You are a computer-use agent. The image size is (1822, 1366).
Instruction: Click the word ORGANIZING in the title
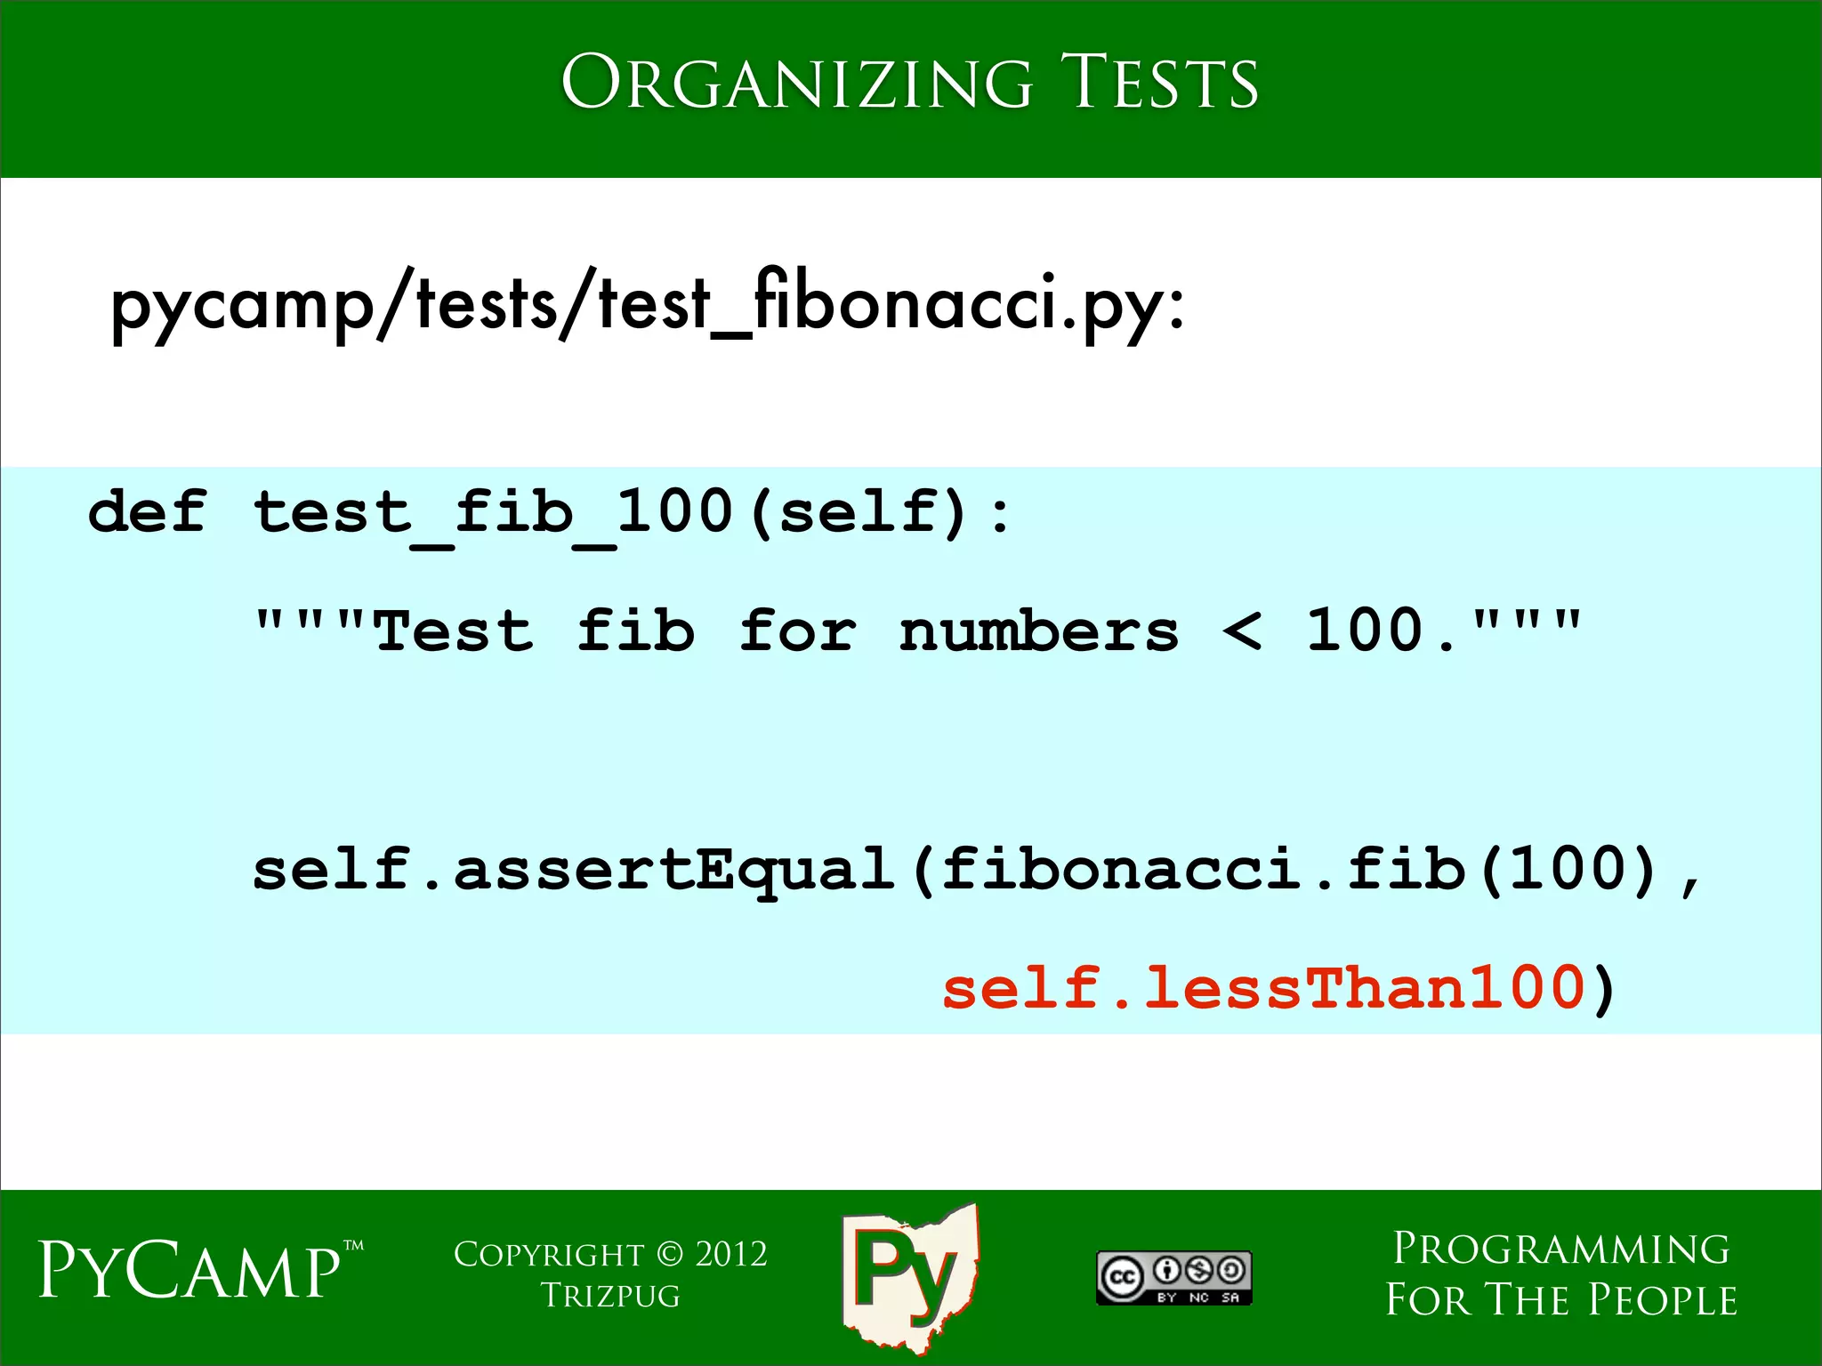point(796,83)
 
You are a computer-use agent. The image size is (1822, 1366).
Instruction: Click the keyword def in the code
point(148,513)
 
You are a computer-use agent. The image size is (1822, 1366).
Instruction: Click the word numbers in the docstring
point(1038,632)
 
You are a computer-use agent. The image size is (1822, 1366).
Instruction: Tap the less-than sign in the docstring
point(1242,632)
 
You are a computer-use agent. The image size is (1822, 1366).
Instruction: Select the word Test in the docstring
point(455,632)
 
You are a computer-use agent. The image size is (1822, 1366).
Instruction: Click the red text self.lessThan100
point(1263,989)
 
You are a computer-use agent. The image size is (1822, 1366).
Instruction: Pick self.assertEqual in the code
point(574,871)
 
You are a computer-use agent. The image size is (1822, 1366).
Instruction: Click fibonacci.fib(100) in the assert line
point(1301,869)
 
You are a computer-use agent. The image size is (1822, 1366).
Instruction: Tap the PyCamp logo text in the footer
point(190,1270)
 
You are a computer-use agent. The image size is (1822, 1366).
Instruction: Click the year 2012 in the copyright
point(730,1255)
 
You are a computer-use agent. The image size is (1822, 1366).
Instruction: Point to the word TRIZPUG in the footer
point(610,1297)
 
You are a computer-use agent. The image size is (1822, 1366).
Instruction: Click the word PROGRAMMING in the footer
point(1561,1249)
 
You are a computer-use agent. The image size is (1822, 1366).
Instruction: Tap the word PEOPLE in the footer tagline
point(1663,1300)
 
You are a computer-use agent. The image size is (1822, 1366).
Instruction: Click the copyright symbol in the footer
point(670,1255)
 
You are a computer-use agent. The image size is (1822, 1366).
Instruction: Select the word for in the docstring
point(798,632)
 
